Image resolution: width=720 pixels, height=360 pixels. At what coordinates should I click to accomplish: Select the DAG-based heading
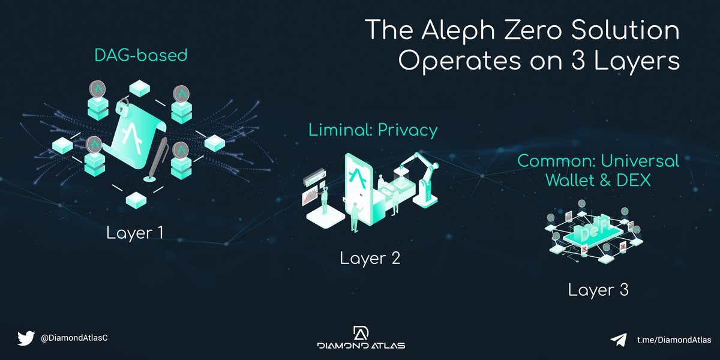tap(141, 56)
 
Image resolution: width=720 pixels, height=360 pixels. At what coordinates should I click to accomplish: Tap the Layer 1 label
tap(134, 232)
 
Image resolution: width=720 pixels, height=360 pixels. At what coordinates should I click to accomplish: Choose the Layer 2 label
tap(370, 259)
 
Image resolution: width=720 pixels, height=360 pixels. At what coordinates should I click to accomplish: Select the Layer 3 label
tap(598, 290)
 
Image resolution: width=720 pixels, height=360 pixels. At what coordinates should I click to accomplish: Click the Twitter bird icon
tap(25, 338)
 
